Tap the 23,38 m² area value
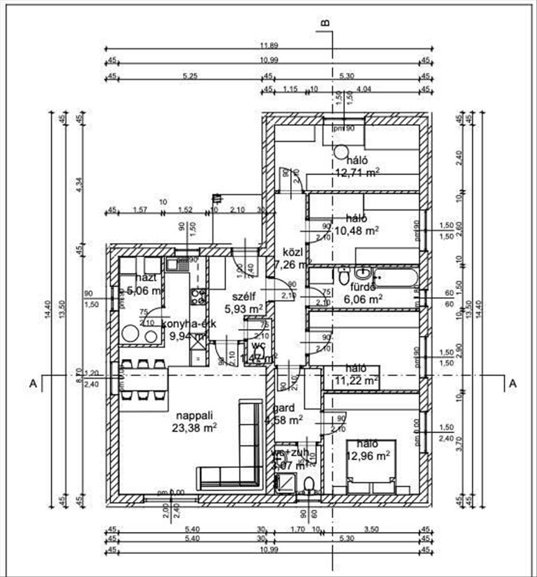click(x=194, y=427)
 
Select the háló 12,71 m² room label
click(x=358, y=161)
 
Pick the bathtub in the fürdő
click(x=395, y=277)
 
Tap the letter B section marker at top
click(x=325, y=23)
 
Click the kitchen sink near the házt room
click(x=172, y=265)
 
